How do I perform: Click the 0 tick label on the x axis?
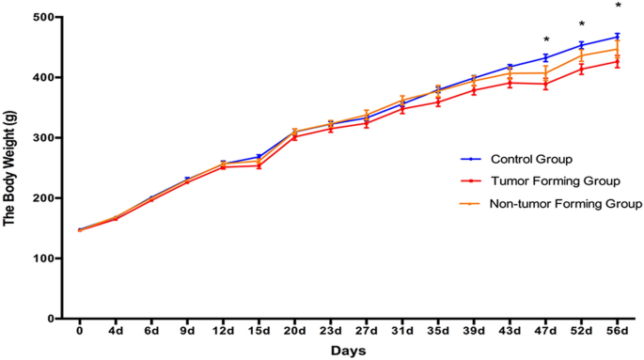tap(80, 331)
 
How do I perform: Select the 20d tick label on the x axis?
tap(294, 331)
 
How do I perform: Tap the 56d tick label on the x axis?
tap(617, 331)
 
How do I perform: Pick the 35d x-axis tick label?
tap(438, 331)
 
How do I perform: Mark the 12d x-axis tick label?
tap(223, 331)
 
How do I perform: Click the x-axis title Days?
tap(348, 351)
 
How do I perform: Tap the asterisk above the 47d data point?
tap(546, 40)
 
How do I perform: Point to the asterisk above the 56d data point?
tap(618, 6)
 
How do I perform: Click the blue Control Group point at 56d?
tap(618, 37)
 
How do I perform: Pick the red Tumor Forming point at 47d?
tap(546, 84)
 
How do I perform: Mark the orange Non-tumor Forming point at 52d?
tap(582, 55)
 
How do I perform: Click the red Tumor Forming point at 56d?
tap(618, 62)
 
